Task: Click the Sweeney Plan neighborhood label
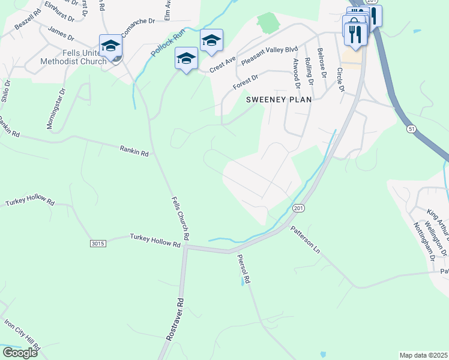[279, 100]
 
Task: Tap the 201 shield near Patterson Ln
[298, 208]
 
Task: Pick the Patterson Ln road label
[306, 239]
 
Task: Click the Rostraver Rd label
[173, 326]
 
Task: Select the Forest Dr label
[246, 82]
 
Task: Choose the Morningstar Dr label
[55, 109]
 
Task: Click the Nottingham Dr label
[423, 241]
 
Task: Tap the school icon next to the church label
[111, 46]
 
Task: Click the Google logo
[20, 353]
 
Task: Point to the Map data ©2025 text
[423, 355]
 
